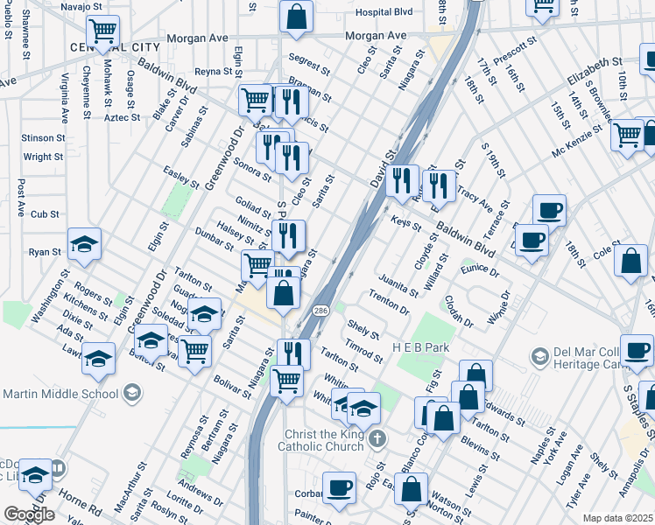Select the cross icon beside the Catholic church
tap(377, 437)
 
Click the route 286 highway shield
tap(320, 311)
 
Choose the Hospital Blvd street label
tap(384, 12)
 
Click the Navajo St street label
tap(82, 7)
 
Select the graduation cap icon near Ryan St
tap(84, 244)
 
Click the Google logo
tap(28, 514)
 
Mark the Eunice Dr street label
tap(480, 271)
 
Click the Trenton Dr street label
tap(390, 304)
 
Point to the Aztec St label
tap(122, 117)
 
